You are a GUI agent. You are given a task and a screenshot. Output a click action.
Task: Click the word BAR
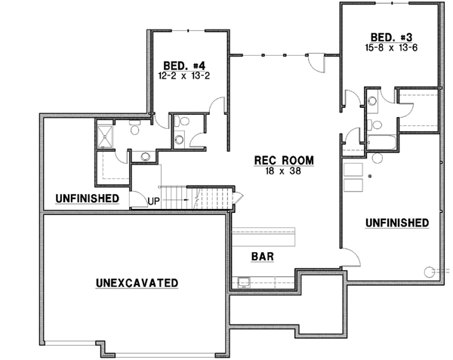pyautogui.click(x=262, y=257)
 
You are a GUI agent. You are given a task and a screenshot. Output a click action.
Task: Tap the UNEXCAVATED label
pyautogui.click(x=137, y=283)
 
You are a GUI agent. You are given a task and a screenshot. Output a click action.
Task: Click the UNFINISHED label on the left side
pyautogui.click(x=87, y=198)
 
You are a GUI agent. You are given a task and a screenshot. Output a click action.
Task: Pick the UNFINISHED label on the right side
pyautogui.click(x=398, y=223)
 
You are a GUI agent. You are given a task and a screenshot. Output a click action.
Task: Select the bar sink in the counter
pyautogui.click(x=243, y=283)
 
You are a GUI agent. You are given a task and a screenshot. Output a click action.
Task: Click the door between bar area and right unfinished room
pyautogui.click(x=348, y=258)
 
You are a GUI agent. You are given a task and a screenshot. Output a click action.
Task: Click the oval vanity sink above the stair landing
pyautogui.click(x=144, y=157)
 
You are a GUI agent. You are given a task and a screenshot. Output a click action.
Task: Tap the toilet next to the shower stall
pyautogui.click(x=134, y=130)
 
